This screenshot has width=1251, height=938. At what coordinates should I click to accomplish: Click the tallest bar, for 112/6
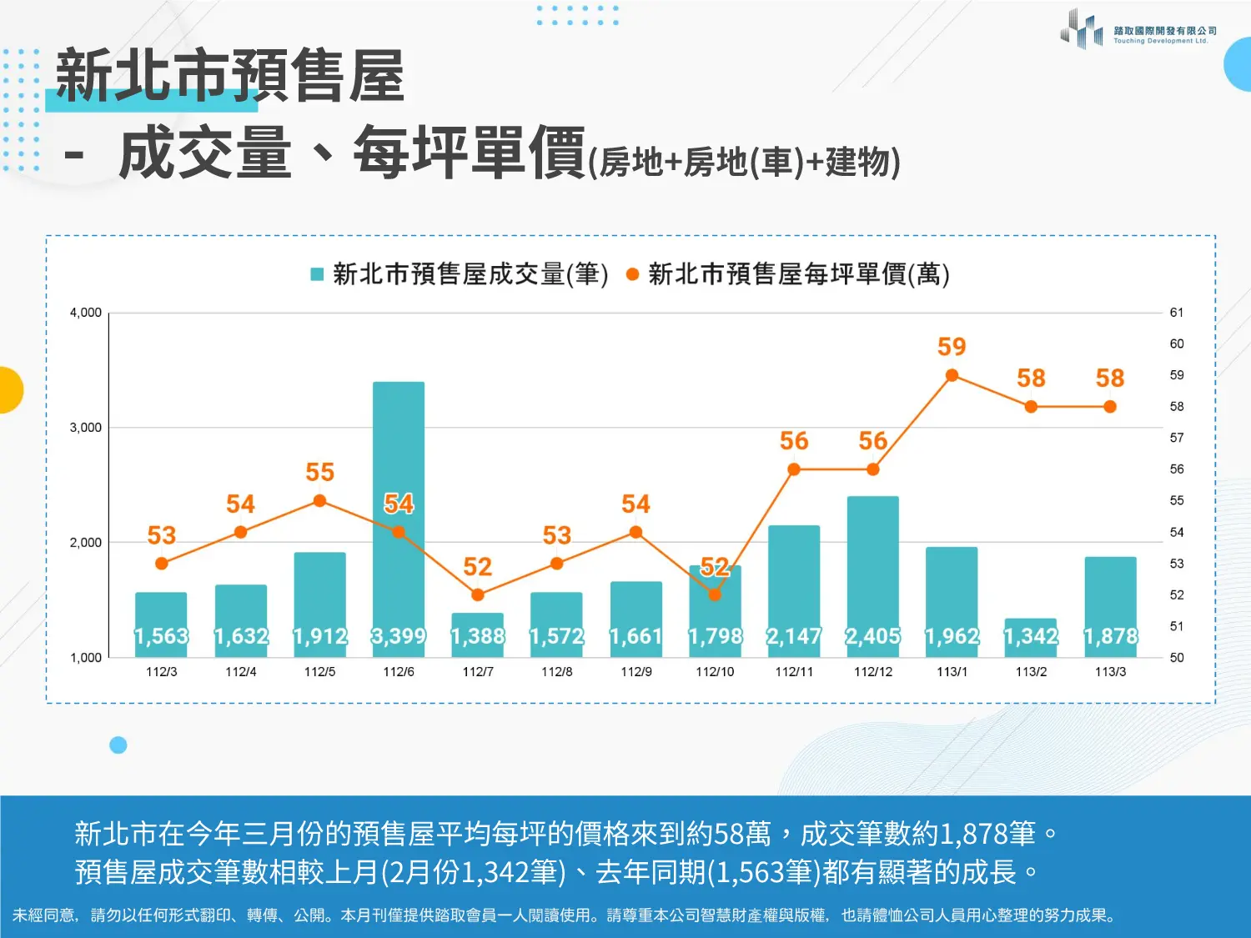399,500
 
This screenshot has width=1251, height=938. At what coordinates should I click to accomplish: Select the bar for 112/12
872,567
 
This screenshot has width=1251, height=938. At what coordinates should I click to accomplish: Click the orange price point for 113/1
952,375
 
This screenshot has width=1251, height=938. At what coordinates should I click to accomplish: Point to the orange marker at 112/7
478,594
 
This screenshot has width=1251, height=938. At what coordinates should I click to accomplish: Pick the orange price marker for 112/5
319,501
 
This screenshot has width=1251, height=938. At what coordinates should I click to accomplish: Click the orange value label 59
952,347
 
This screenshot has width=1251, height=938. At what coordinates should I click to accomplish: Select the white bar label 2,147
794,637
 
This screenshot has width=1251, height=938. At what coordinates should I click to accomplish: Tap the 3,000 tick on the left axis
85,428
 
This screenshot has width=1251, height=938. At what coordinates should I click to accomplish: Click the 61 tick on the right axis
1176,313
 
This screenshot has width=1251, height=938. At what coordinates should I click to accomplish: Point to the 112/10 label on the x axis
715,672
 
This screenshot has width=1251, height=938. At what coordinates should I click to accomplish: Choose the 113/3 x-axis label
1110,672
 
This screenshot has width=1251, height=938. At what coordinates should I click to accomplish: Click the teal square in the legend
317,274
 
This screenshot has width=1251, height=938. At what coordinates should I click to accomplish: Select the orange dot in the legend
632,274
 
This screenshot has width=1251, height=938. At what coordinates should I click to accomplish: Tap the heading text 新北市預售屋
230,77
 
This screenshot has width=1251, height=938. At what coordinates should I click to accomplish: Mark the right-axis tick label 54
1176,532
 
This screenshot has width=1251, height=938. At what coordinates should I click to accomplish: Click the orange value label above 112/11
794,441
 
